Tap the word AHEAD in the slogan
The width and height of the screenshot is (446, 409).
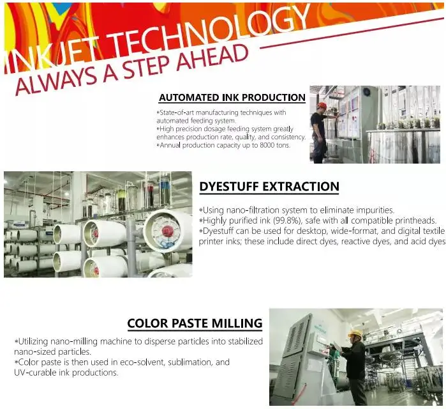(x=212, y=59)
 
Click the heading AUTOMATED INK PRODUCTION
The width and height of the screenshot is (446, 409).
(x=232, y=97)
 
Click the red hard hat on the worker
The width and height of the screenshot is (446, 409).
(x=322, y=105)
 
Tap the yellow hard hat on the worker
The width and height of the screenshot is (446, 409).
(x=355, y=334)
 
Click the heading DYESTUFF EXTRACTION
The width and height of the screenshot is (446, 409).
(x=269, y=187)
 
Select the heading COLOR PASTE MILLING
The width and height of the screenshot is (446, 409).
(x=195, y=323)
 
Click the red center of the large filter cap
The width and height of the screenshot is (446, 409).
(x=168, y=230)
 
